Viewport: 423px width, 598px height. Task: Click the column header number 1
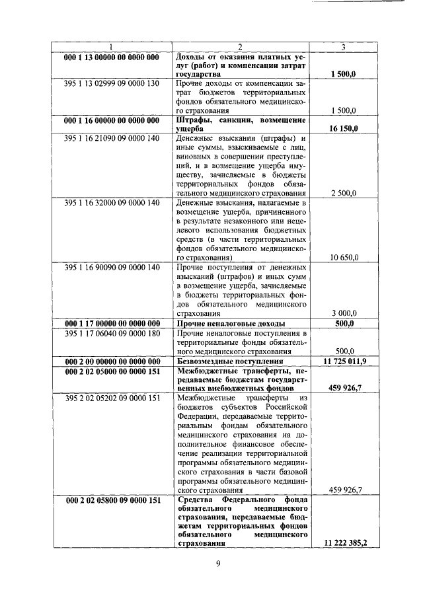[111, 46]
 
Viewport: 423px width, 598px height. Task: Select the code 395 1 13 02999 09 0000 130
[111, 85]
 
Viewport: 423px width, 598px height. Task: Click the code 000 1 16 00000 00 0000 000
[111, 120]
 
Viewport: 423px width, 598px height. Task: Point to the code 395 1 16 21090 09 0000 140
[111, 139]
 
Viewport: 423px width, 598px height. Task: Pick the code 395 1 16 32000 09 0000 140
[111, 202]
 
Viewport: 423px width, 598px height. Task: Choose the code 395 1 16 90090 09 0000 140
[111, 266]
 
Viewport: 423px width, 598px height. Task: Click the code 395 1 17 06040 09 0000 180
[111, 334]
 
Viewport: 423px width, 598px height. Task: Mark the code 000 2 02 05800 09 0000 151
[111, 500]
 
